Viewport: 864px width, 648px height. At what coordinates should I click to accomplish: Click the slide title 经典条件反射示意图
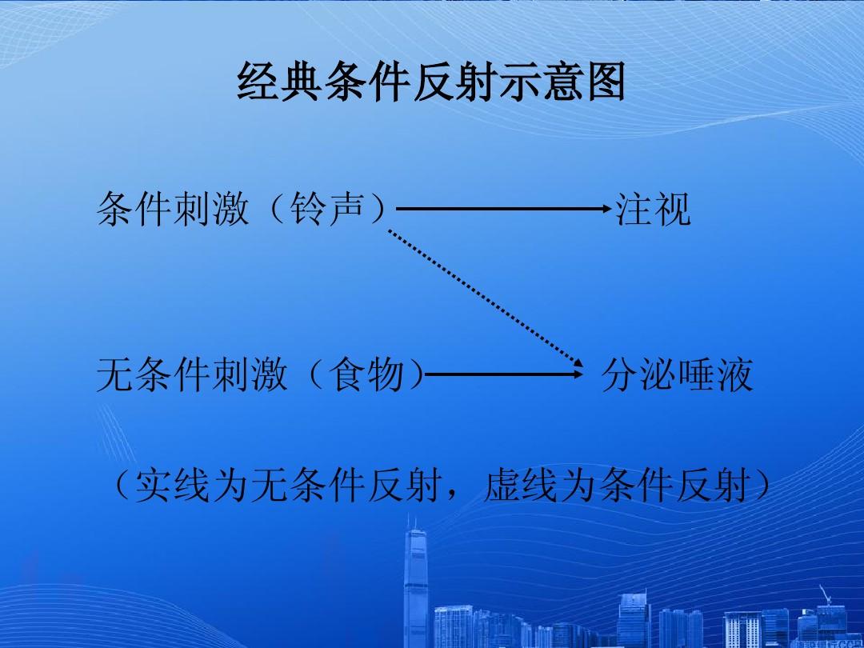431,82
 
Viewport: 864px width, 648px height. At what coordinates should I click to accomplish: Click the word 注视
653,210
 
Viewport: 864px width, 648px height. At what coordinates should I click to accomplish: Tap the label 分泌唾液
678,375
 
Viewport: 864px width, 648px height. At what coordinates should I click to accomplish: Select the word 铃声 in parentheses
328,210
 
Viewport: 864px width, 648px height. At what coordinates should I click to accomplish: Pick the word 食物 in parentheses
366,375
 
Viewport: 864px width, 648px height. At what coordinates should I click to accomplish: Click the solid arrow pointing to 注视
504,209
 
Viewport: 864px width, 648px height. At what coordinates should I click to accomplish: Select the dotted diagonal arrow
486,298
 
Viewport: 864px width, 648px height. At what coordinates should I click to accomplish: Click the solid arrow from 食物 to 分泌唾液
504,374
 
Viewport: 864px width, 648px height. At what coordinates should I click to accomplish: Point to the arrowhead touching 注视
607,209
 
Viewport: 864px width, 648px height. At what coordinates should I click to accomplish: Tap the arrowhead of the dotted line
579,364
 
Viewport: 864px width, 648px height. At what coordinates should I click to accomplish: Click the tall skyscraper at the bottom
416,584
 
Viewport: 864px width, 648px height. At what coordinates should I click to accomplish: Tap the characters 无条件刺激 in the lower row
192,375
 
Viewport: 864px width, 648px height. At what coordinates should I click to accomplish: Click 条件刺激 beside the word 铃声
173,210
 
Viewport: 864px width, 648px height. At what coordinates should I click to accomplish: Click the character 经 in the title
257,82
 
